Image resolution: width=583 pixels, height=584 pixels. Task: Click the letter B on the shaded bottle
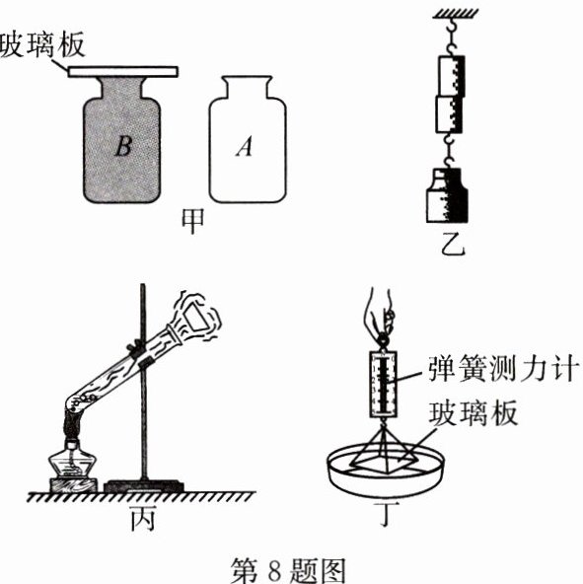(123, 146)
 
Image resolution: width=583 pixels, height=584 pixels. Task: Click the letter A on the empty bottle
(244, 146)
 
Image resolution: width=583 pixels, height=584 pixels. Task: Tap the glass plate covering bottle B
(123, 71)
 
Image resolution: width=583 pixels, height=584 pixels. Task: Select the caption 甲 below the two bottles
(192, 221)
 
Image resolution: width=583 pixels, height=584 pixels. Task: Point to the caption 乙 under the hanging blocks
(452, 244)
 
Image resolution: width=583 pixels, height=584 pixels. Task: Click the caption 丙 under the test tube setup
(143, 519)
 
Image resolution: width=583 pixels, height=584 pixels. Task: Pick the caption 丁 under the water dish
(388, 514)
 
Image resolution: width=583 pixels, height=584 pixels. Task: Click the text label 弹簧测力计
(503, 368)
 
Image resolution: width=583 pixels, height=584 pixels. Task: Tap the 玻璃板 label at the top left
(42, 44)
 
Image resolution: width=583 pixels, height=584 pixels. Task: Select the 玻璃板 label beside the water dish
(474, 413)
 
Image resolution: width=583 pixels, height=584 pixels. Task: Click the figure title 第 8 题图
(288, 571)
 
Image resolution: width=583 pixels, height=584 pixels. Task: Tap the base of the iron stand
(143, 486)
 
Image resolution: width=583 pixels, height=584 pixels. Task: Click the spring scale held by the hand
(383, 383)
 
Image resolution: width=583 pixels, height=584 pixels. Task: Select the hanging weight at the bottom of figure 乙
(447, 195)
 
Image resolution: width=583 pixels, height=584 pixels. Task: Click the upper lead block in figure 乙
(451, 76)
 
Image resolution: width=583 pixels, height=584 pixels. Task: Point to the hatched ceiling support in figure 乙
(456, 14)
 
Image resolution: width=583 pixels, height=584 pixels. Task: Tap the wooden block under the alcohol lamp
(73, 485)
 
